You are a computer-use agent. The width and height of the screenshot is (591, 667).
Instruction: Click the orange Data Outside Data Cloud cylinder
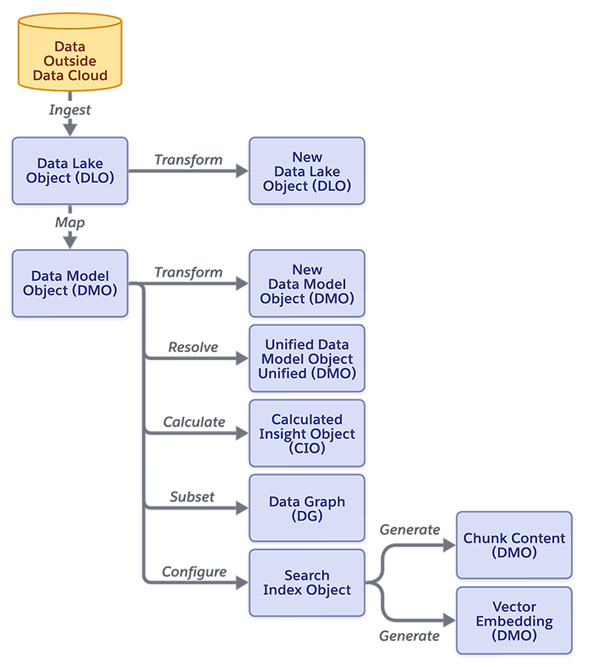click(x=70, y=59)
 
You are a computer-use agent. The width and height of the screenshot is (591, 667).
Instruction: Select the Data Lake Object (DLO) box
click(x=70, y=171)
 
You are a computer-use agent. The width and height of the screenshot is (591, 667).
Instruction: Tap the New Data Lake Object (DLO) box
click(x=307, y=172)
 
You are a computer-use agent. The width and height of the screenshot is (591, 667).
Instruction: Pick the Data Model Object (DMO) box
click(x=70, y=283)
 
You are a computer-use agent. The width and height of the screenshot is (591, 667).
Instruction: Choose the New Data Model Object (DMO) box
click(x=307, y=284)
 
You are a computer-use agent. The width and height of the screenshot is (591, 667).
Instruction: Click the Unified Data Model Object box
click(x=307, y=359)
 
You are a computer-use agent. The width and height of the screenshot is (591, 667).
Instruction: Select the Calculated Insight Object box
click(x=307, y=434)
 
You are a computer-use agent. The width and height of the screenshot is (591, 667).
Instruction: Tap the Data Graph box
click(x=307, y=509)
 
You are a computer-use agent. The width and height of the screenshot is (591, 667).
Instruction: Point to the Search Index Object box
click(x=307, y=583)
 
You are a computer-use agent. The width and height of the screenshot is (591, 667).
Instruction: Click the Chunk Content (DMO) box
click(x=514, y=545)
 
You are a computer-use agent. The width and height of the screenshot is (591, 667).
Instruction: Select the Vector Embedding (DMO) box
click(x=514, y=621)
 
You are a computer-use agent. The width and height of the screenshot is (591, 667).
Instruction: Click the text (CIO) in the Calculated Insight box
click(x=307, y=449)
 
